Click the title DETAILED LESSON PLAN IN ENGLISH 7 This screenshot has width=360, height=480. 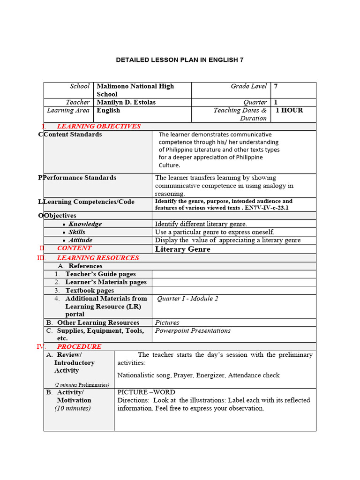tap(180, 60)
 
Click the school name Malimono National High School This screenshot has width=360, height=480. tap(135, 90)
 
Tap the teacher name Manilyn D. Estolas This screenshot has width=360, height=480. tap(126, 102)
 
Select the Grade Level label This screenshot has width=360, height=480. tap(248, 86)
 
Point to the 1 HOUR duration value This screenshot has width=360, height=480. tap(289, 111)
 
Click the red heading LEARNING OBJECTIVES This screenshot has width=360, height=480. tap(98, 126)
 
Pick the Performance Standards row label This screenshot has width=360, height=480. tap(80, 178)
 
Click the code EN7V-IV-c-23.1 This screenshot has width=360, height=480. tap(267, 208)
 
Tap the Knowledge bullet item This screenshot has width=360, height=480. tap(85, 224)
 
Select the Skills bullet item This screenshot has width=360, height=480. tap(77, 232)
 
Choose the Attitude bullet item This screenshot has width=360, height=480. tap(80, 240)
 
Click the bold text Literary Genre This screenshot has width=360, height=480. tap(182, 249)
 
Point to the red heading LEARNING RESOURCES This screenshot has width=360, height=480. tap(98, 258)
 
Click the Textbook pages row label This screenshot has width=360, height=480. tap(90, 291)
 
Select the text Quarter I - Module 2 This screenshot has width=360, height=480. tap(187, 299)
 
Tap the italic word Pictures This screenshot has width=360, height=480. tap(167, 322)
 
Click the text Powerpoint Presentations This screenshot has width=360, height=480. tap(193, 330)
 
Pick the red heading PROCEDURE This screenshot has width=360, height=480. tap(79, 346)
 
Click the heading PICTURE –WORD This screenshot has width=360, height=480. tap(146, 392)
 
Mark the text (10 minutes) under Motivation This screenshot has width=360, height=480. tap(73, 408)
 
